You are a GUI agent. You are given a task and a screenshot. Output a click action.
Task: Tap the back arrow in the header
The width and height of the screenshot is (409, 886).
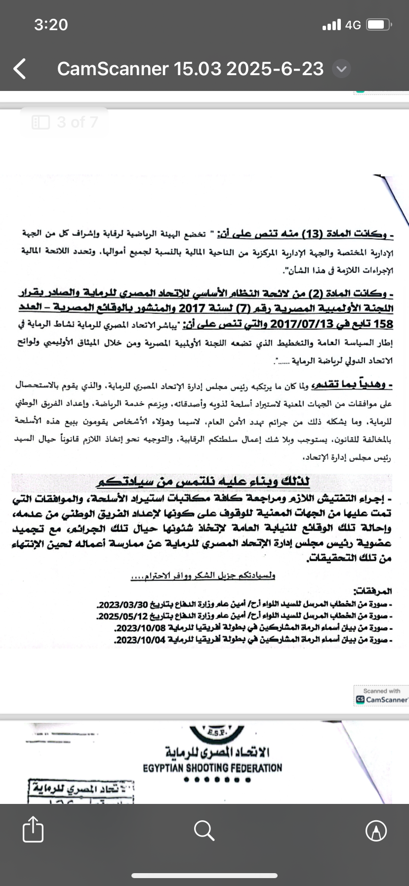pyautogui.click(x=20, y=69)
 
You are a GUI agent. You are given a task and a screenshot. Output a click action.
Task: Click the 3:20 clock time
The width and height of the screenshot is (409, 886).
pyautogui.click(x=51, y=25)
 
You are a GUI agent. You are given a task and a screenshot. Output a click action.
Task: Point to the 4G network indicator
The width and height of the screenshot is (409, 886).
pyautogui.click(x=353, y=25)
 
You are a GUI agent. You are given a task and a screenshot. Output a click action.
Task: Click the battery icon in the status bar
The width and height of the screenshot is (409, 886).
pyautogui.click(x=380, y=25)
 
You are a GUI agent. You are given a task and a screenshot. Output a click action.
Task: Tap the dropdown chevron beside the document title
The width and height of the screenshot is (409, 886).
pyautogui.click(x=341, y=69)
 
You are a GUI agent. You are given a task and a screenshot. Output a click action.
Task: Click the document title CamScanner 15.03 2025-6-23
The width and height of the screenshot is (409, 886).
pyautogui.click(x=190, y=69)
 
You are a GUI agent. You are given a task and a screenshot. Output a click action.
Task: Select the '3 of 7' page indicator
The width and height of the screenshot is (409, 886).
pyautogui.click(x=65, y=122)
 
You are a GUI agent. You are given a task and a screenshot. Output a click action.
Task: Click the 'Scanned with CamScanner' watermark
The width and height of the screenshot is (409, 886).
pyautogui.click(x=381, y=695)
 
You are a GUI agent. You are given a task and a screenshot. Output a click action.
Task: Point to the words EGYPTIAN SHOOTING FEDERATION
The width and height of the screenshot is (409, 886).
pyautogui.click(x=212, y=768)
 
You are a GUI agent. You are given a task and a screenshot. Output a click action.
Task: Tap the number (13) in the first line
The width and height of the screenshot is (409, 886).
pyautogui.click(x=312, y=234)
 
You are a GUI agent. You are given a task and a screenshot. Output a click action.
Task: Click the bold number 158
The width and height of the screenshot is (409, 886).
pyautogui.click(x=382, y=324)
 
